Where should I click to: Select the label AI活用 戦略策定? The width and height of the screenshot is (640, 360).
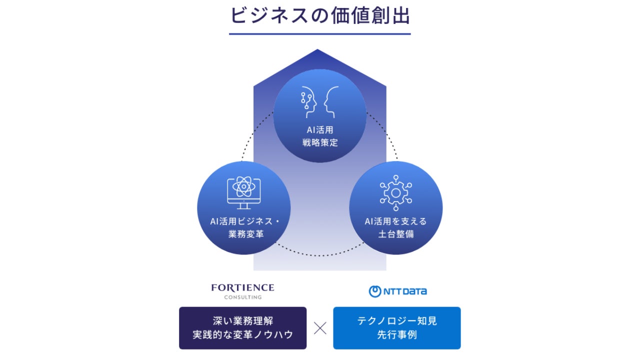pyautogui.click(x=320, y=136)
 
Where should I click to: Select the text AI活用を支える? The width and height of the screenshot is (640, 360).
pyautogui.click(x=395, y=221)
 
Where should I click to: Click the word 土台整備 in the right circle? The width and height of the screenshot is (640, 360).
pyautogui.click(x=395, y=234)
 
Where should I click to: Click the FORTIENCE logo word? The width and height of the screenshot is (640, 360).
pyautogui.click(x=242, y=288)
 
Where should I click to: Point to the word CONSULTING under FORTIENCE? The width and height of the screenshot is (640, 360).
pyautogui.click(x=242, y=297)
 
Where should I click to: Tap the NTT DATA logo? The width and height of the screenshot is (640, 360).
pyautogui.click(x=398, y=291)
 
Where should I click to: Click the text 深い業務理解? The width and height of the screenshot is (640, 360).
pyautogui.click(x=242, y=321)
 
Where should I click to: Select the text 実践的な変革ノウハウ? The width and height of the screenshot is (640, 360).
pyautogui.click(x=242, y=335)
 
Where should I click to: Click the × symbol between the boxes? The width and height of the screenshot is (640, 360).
pyautogui.click(x=320, y=328)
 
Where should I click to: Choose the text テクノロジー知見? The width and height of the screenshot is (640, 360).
pyautogui.click(x=396, y=321)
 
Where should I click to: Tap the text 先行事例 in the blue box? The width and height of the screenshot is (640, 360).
pyautogui.click(x=396, y=335)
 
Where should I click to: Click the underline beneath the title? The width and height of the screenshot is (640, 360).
pyautogui.click(x=320, y=34)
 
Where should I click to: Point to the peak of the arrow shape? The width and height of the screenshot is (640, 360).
pyautogui.click(x=317, y=50)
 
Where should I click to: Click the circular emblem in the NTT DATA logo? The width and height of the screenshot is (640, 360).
pyautogui.click(x=375, y=291)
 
